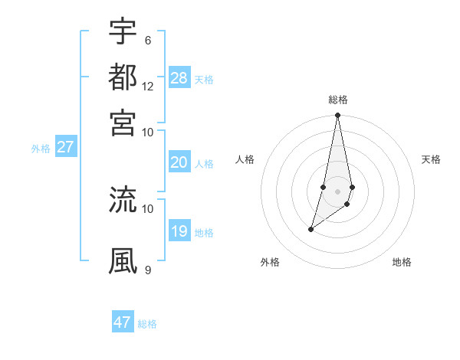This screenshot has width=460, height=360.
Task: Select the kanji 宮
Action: (x=123, y=121)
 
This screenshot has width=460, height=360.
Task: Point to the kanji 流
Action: (x=123, y=200)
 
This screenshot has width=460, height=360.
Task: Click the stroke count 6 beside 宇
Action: (x=147, y=40)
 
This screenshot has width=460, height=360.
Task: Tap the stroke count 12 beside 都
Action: (x=148, y=86)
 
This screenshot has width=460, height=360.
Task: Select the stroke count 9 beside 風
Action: (x=147, y=270)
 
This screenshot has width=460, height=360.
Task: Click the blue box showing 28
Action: (x=179, y=77)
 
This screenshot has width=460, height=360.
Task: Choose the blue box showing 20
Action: (x=179, y=162)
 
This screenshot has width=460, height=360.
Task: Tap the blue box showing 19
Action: (x=179, y=231)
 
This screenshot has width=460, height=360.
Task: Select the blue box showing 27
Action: (x=65, y=147)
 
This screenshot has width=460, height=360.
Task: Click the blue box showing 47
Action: (x=123, y=322)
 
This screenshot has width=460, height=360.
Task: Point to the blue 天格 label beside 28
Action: (x=204, y=79)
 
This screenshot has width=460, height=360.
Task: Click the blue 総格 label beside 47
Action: (x=147, y=324)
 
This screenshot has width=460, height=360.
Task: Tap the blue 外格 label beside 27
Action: (x=40, y=149)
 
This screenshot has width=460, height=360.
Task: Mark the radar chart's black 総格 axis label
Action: (x=338, y=100)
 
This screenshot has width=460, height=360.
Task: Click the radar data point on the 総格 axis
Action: (x=337, y=116)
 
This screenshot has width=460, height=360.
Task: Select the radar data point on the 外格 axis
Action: (x=310, y=229)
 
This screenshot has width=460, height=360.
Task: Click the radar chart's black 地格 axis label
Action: (x=402, y=263)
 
